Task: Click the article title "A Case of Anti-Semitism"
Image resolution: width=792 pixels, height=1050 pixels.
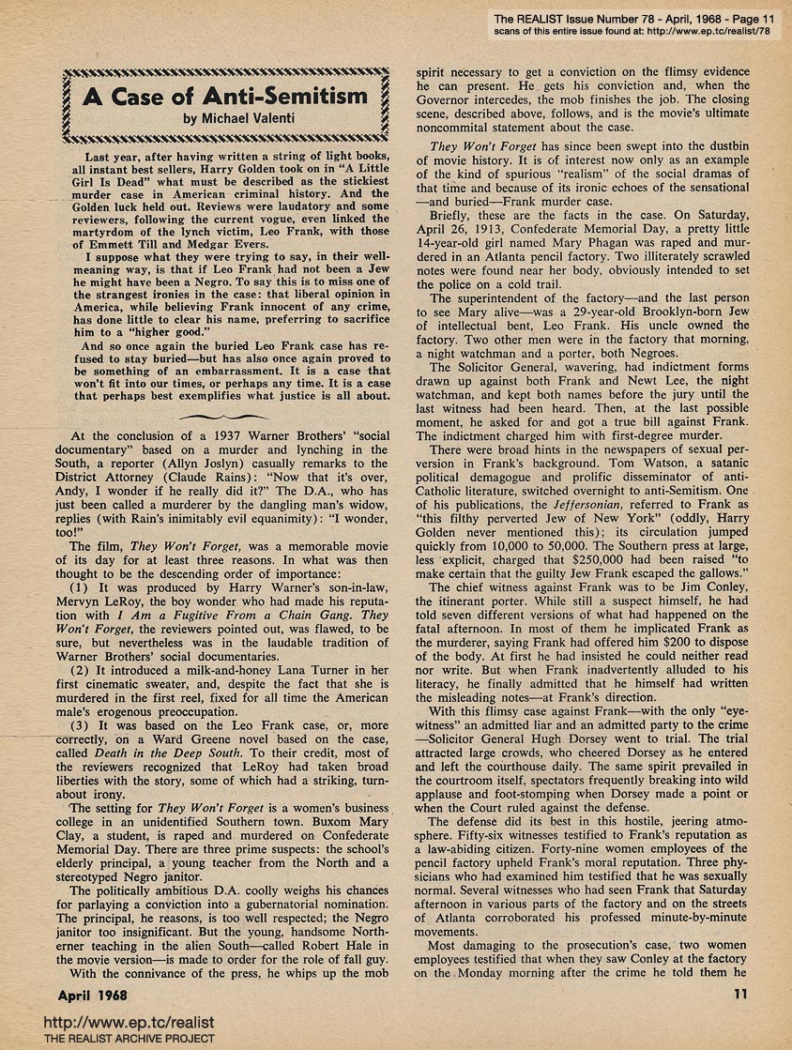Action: pyautogui.click(x=222, y=96)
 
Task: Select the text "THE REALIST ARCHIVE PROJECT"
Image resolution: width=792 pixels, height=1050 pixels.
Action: pyautogui.click(x=108, y=1039)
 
